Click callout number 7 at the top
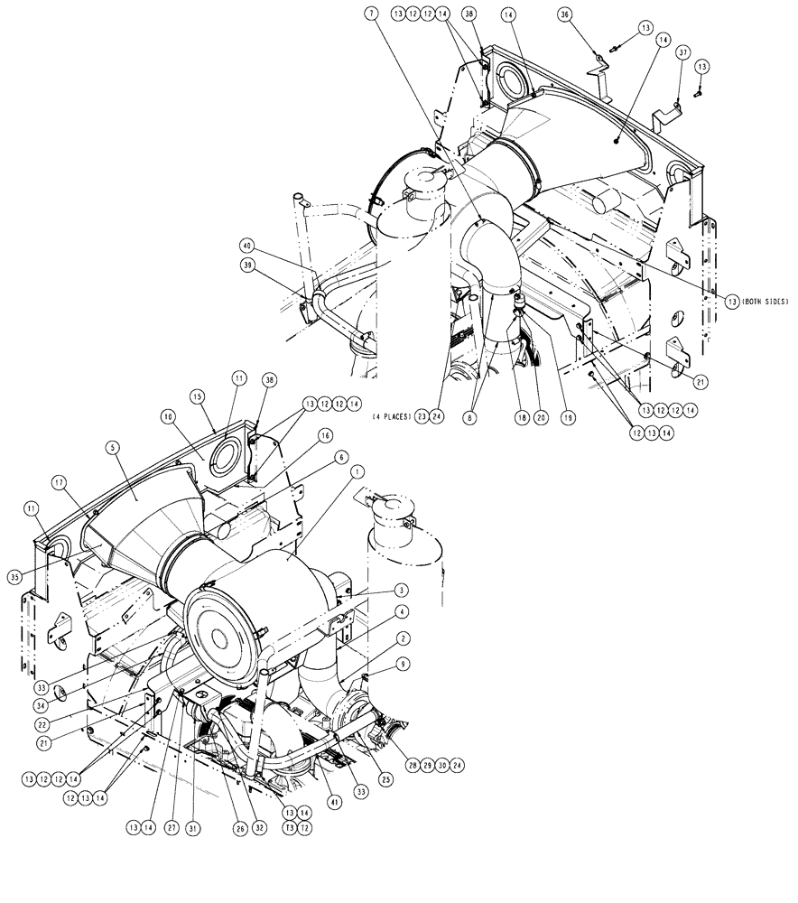tap(371, 14)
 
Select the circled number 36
tap(590, 14)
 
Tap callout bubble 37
tap(682, 53)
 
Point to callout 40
tap(246, 245)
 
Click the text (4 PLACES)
tap(390, 416)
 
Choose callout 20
tap(542, 416)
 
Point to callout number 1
tap(357, 470)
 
